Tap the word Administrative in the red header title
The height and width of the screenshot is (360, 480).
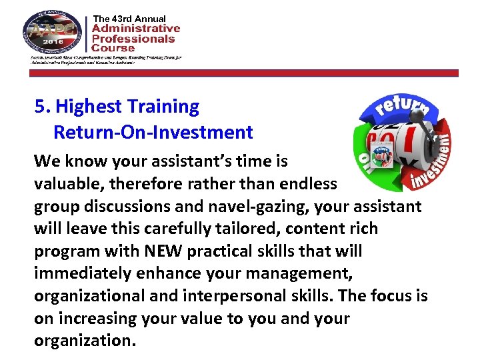(x=136, y=29)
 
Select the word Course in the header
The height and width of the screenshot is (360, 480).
(x=113, y=48)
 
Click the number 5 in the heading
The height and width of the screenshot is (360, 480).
(x=40, y=107)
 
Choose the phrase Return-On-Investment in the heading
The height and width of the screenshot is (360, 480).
(x=153, y=132)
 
